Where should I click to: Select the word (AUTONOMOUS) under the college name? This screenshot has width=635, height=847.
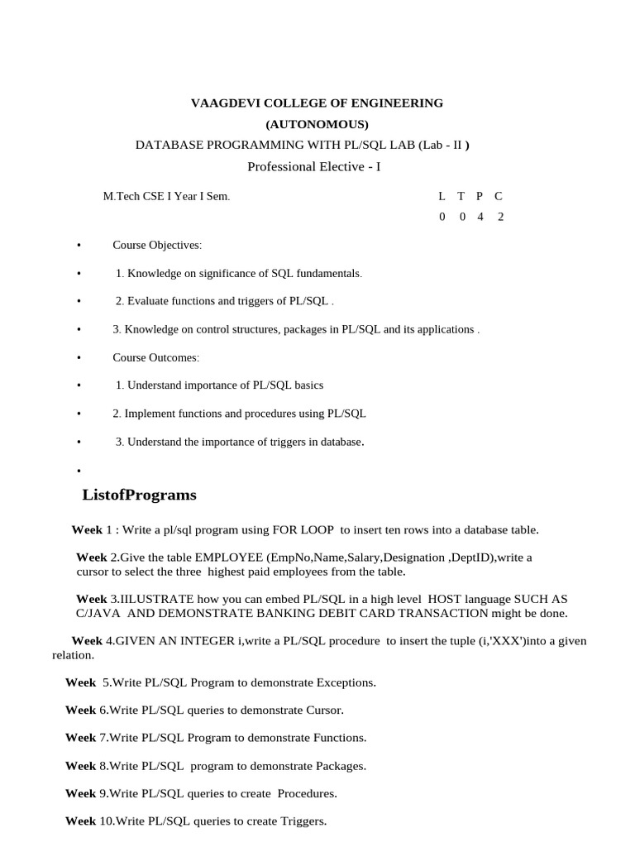point(317,125)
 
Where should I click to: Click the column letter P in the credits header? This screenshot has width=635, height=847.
point(480,196)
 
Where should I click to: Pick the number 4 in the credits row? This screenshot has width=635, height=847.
point(480,217)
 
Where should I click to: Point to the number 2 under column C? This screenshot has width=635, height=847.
point(500,217)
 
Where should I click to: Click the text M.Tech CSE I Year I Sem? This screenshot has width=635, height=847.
point(166,197)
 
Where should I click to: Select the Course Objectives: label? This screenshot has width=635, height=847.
point(157,246)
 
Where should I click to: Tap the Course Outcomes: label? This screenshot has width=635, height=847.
point(156,357)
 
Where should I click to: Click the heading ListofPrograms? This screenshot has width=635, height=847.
point(140,495)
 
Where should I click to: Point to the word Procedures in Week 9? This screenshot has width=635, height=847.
point(306,793)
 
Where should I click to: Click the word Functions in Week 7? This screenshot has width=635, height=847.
point(337,737)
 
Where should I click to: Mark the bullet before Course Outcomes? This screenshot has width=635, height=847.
point(78,357)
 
